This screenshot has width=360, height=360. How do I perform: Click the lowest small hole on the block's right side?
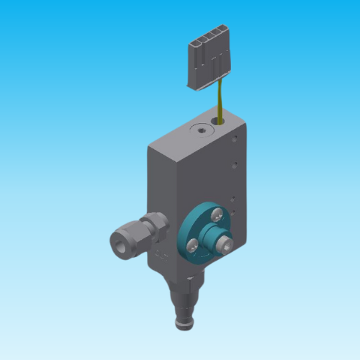(232, 214)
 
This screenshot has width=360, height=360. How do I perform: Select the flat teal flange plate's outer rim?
(190, 223)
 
